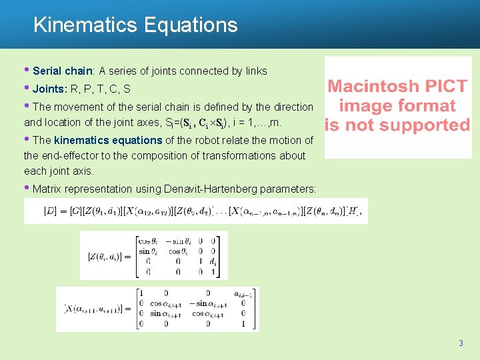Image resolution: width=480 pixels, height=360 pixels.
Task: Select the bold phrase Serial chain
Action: coord(62,71)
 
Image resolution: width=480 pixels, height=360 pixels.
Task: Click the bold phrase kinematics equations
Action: coord(108,140)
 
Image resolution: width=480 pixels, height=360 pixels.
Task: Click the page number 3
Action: coord(460,343)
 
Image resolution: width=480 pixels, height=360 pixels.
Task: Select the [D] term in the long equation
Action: coord(50,211)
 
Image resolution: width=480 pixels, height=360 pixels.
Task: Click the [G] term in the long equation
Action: coord(73,211)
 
